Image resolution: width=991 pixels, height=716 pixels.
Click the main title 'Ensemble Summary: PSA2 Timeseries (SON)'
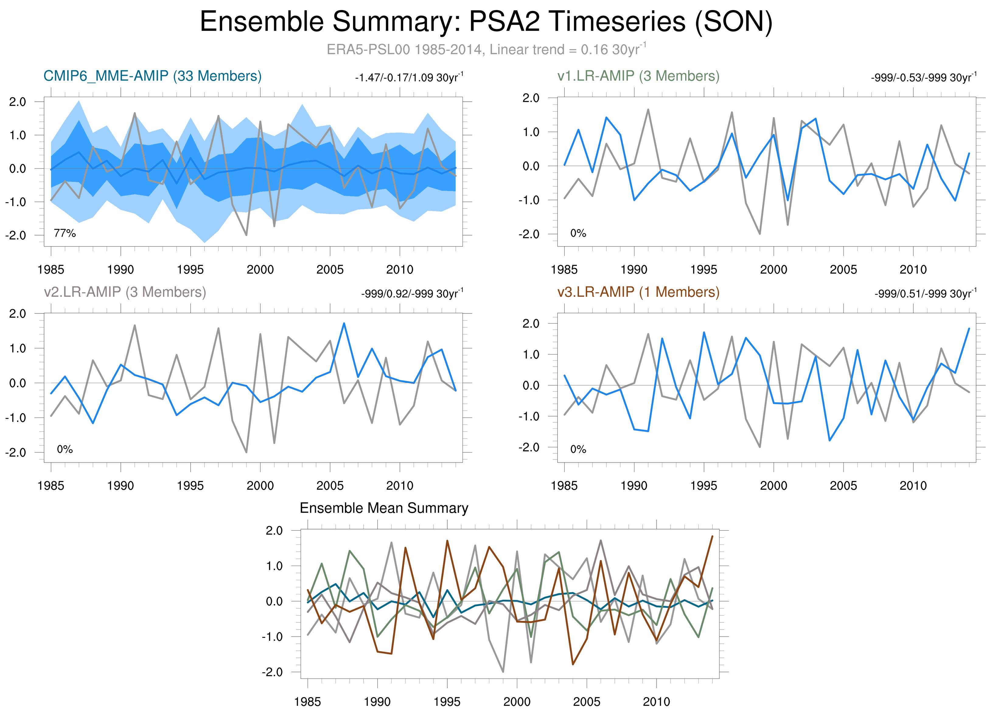point(486,22)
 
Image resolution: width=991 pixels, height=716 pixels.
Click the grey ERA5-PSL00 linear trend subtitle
point(486,49)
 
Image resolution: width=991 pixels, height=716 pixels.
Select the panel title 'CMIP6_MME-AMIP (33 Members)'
point(152,76)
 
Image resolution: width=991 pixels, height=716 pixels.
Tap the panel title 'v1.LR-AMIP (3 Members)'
point(638,76)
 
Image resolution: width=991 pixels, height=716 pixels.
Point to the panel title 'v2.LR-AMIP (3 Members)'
point(125,292)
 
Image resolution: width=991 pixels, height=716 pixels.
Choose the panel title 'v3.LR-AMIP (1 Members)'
point(638,292)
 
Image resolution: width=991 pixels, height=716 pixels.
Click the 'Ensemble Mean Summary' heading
point(384,508)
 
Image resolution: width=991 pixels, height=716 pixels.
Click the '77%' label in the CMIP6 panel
point(65,233)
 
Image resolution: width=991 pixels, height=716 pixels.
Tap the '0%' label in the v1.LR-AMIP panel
point(578,233)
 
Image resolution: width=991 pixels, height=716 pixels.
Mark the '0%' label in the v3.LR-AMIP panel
point(578,449)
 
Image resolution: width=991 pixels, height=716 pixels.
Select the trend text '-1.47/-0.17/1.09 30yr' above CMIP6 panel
point(409,78)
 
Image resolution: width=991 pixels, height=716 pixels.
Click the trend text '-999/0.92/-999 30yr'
point(412,294)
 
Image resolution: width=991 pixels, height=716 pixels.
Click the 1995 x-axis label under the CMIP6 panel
point(190,270)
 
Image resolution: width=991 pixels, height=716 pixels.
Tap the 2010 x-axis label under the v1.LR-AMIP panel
point(913,270)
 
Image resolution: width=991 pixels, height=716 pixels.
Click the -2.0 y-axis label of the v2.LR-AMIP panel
point(16,452)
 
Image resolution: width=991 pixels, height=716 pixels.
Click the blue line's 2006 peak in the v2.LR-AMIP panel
point(344,323)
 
